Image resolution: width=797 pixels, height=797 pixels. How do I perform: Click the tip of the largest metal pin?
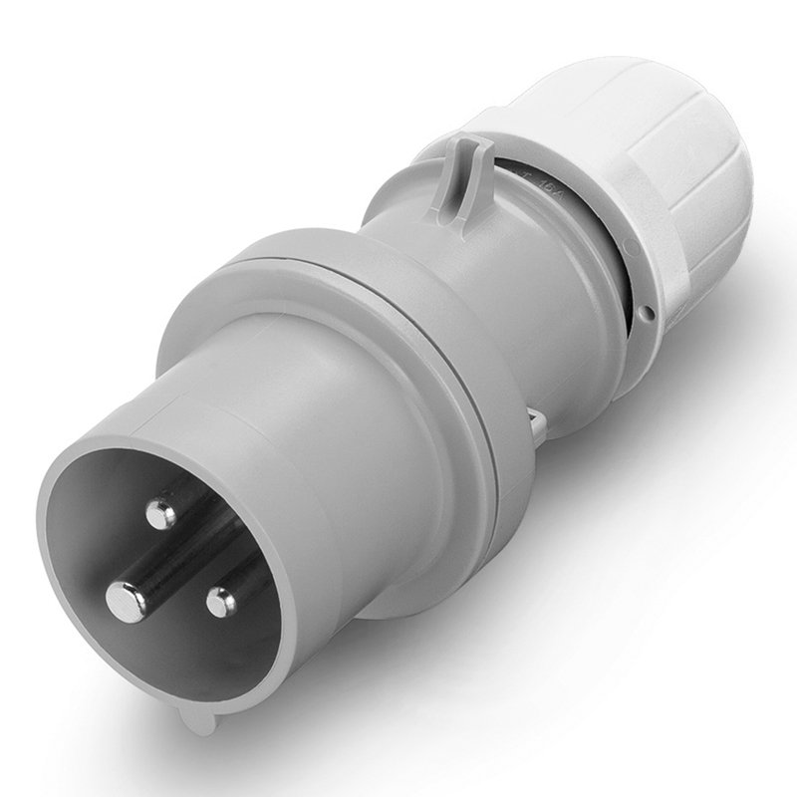(125, 597)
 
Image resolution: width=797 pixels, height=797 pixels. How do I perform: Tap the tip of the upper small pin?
(156, 514)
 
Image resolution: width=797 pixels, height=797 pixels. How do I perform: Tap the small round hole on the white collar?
(649, 317)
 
